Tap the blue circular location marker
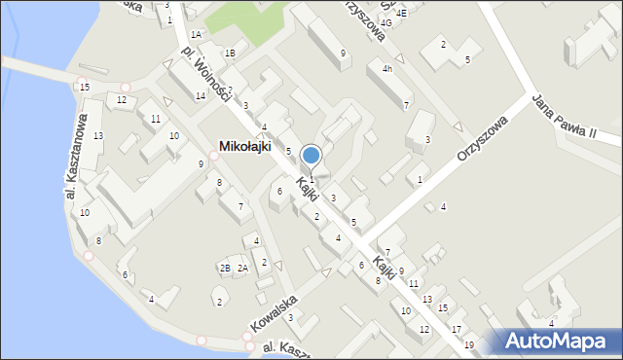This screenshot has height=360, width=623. pos(311,156)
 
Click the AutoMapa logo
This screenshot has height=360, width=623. pos(560,341)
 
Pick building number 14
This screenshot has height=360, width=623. pos(200,95)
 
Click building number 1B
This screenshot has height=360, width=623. pos(230,54)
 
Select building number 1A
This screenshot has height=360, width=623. pos(196,35)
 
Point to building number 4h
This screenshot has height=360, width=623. pos(386,68)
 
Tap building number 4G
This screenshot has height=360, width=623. pos(386,22)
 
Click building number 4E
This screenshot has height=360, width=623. pos(401,14)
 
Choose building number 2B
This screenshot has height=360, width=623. pos(225,268)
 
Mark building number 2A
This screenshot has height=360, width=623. pos(243,268)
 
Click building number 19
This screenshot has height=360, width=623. pos(469,345)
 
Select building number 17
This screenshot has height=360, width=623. pos(457,330)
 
